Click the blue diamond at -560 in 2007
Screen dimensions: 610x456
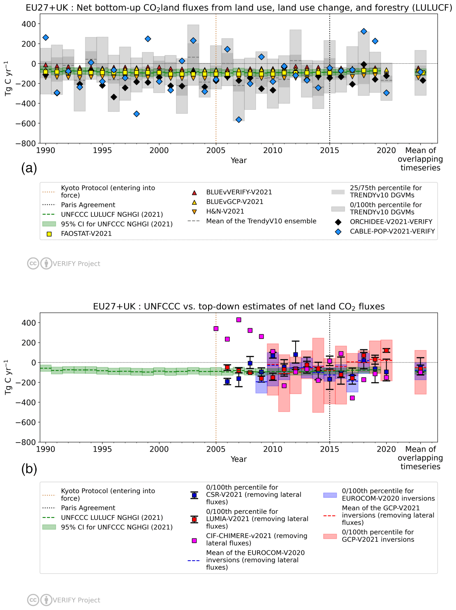[238, 120]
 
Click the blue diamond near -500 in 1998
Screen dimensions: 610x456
[137, 114]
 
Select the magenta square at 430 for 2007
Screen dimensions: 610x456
[238, 320]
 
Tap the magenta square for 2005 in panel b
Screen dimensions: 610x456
[216, 329]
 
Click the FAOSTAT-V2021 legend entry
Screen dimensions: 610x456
[86, 234]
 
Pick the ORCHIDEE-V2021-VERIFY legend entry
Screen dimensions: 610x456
[391, 222]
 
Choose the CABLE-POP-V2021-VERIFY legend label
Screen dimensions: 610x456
[392, 231]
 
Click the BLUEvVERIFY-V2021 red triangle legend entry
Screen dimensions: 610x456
[238, 192]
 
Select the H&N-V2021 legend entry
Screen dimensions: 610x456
[225, 211]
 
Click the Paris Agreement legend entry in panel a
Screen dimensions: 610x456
[88, 205]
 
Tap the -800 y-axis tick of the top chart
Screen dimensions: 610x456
[28, 144]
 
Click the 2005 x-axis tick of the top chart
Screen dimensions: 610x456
[216, 151]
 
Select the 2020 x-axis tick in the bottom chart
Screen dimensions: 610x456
[386, 449]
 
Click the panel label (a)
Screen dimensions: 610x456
[29, 168]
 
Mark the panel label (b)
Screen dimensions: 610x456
[29, 469]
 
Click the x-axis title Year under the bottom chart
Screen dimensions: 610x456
[238, 459]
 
